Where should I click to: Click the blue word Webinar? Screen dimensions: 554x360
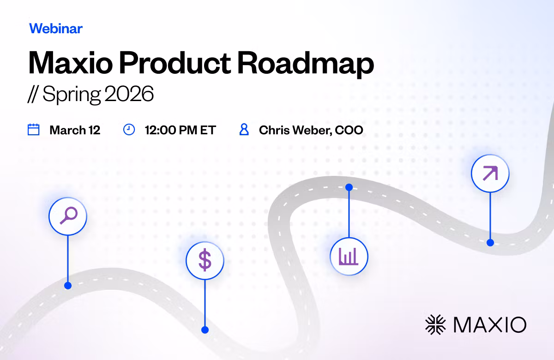click(56, 29)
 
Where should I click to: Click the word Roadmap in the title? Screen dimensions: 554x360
click(306, 63)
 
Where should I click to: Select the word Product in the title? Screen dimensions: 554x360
click(175, 63)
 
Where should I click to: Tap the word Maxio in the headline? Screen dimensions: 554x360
click(71, 63)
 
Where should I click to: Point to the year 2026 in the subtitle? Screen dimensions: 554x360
click(129, 93)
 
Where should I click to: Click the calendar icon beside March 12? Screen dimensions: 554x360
click(33, 129)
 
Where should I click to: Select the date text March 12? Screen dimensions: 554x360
click(75, 130)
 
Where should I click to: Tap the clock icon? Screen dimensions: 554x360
click(129, 130)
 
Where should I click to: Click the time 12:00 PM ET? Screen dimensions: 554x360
click(181, 130)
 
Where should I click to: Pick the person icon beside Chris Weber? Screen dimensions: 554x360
click(244, 129)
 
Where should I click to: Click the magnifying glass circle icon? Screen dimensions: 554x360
click(68, 216)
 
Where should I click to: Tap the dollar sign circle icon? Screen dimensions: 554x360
click(205, 260)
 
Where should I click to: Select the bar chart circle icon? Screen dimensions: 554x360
click(349, 257)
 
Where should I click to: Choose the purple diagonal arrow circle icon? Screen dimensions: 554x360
click(490, 174)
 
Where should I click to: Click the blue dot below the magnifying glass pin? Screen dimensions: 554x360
click(68, 286)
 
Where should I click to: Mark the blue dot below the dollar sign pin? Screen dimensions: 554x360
click(205, 330)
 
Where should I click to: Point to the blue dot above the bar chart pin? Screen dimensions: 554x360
click(349, 187)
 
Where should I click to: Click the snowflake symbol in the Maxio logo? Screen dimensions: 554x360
click(435, 324)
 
